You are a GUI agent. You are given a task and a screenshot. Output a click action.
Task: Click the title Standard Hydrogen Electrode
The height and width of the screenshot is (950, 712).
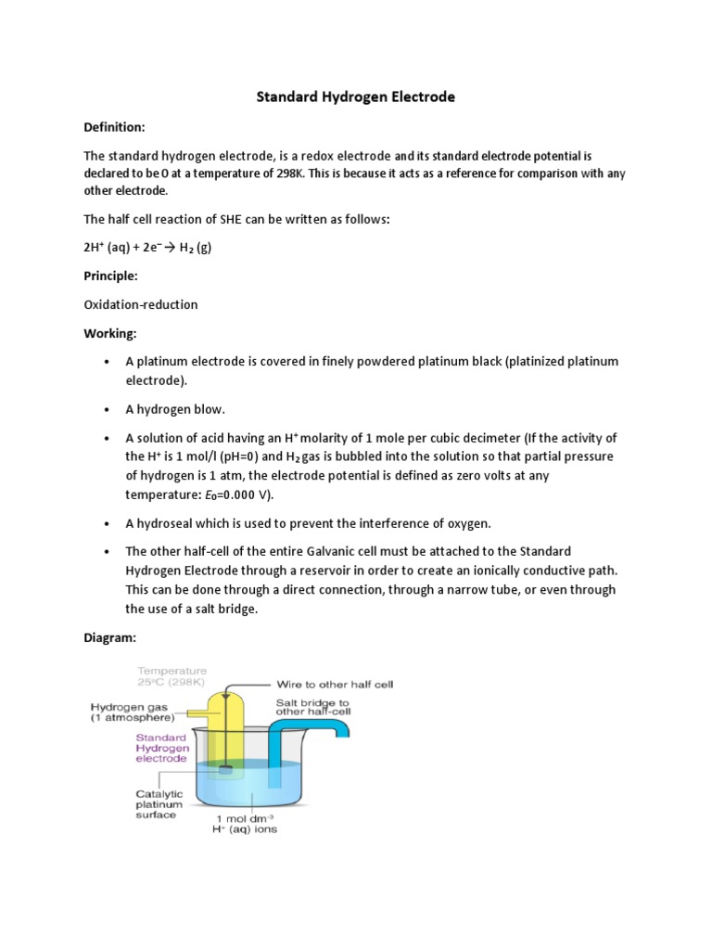point(356,96)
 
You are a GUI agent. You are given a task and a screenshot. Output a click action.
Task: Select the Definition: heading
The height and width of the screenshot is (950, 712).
point(114,126)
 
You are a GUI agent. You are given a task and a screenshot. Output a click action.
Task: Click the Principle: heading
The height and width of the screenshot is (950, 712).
point(110,276)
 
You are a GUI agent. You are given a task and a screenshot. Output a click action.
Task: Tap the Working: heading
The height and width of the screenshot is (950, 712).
point(109,332)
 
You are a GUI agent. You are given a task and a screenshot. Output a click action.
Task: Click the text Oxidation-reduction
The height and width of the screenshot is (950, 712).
point(140,304)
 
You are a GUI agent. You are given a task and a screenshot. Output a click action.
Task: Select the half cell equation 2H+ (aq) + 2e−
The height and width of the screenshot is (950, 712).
point(147,248)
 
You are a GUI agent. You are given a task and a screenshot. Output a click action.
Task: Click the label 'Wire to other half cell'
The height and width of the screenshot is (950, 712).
point(335,685)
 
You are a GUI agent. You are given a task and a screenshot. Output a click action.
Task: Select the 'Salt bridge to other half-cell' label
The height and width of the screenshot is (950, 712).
point(312,709)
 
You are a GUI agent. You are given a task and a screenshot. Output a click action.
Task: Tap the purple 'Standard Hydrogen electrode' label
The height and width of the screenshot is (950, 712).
point(162,749)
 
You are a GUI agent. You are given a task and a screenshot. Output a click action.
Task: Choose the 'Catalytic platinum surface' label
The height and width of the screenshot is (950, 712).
point(160,805)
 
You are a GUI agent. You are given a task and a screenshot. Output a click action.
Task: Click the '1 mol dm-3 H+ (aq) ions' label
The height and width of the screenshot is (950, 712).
point(246,824)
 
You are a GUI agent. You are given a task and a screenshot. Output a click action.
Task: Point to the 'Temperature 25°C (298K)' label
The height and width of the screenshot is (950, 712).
point(172,675)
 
